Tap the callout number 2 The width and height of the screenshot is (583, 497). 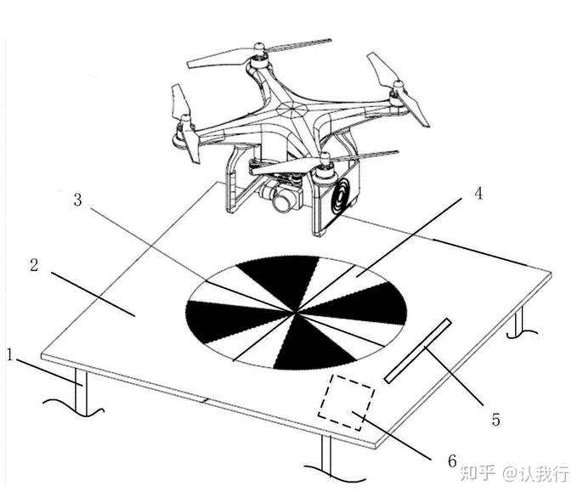click(x=34, y=264)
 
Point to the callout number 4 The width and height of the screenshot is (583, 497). click(x=478, y=193)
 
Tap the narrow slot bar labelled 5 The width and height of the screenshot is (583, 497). click(x=417, y=350)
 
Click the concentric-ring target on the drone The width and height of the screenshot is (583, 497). click(x=342, y=197)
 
